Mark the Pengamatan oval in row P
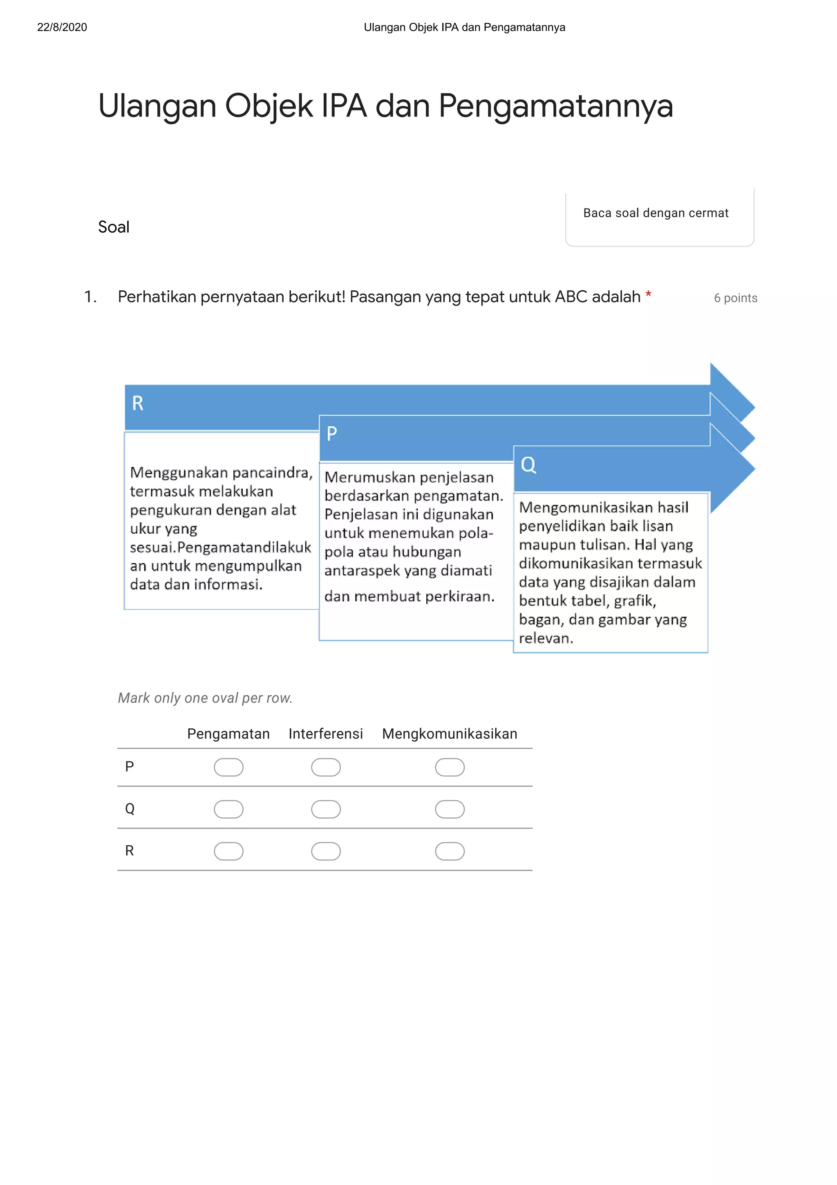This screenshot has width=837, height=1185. (228, 767)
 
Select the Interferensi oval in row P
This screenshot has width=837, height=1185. (326, 767)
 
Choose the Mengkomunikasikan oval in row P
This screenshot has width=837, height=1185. (450, 767)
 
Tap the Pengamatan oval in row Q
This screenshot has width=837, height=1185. (228, 809)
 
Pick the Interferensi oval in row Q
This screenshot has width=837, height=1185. (326, 809)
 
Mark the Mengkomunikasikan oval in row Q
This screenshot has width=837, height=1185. (450, 809)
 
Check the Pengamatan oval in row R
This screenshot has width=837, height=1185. (228, 851)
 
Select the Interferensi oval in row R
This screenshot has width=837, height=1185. (326, 851)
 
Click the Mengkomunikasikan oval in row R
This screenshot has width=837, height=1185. (450, 851)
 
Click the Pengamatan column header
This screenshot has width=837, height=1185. (228, 734)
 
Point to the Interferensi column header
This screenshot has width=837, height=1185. (325, 734)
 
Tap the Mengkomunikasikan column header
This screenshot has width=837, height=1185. (449, 734)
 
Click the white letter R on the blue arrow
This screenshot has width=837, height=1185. (138, 403)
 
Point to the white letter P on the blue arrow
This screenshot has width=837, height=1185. (331, 433)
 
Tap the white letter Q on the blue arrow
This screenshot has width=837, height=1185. (528, 465)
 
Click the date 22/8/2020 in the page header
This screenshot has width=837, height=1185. (62, 27)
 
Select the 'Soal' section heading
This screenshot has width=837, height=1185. (114, 227)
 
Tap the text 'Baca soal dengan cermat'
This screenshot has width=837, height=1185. (656, 213)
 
